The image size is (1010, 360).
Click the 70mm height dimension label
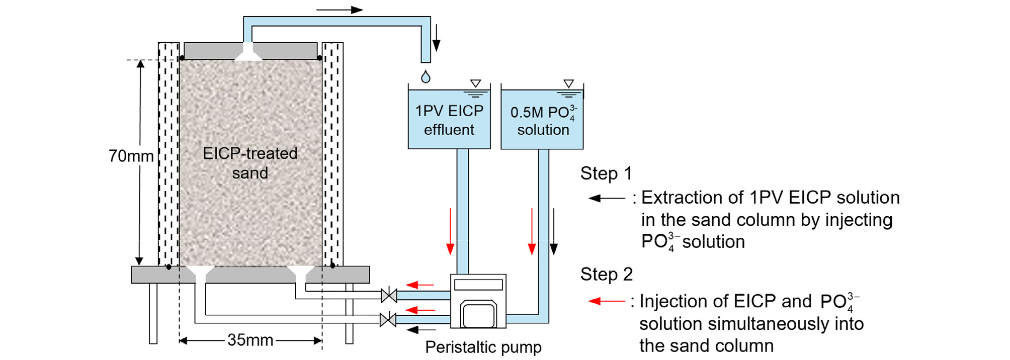[x=131, y=156]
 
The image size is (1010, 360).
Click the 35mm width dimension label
[x=250, y=340]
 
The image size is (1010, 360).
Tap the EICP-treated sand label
[x=250, y=163]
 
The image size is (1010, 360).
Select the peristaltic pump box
[x=478, y=301]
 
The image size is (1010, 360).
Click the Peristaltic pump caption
[x=483, y=347]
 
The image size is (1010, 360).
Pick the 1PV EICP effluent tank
[x=449, y=120]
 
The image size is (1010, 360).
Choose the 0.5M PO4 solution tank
[x=542, y=120]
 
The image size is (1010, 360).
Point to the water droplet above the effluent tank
[x=426, y=77]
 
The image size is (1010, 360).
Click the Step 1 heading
[x=606, y=173]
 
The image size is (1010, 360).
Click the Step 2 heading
[x=606, y=275]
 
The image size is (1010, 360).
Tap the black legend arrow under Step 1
[x=607, y=198]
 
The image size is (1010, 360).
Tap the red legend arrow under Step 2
[x=607, y=301]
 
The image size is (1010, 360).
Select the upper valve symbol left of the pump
[x=389, y=296]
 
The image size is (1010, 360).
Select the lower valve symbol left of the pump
[x=388, y=319]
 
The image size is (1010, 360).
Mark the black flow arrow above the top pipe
[x=340, y=10]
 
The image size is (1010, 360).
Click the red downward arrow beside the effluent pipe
[x=450, y=231]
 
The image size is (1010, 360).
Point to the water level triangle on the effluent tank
[x=475, y=83]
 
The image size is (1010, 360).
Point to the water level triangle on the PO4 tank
[x=568, y=83]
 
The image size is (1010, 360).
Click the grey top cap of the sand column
[x=282, y=51]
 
